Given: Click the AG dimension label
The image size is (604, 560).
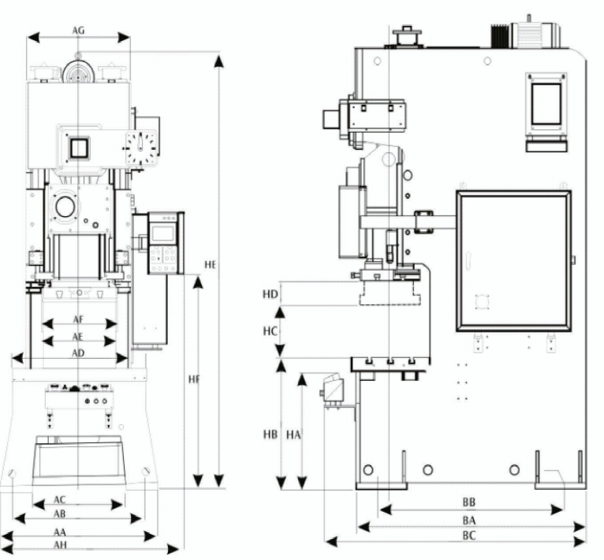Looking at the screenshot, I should click(78, 30).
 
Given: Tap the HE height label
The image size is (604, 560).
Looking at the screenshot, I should click(210, 266).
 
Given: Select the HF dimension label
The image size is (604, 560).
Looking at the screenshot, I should click(194, 380).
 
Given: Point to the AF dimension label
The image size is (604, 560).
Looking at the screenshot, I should click(78, 320).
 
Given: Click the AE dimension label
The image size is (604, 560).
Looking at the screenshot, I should click(78, 337).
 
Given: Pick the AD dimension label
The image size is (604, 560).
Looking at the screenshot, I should click(78, 353).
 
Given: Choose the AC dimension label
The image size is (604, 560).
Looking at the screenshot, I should click(60, 500).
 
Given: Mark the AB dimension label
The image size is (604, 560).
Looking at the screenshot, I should click(60, 513).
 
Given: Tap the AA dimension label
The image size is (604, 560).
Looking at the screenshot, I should click(60, 532).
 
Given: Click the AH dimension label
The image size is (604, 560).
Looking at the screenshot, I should click(60, 545).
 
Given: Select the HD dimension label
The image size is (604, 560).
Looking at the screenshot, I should click(270, 294).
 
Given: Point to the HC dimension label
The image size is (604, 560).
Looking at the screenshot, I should click(270, 331).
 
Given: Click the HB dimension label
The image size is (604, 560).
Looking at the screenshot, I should click(270, 435).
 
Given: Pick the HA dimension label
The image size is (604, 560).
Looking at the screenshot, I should click(293, 435).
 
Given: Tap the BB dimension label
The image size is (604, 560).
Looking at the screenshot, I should click(469, 502).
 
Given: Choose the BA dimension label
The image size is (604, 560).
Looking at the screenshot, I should click(469, 520).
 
